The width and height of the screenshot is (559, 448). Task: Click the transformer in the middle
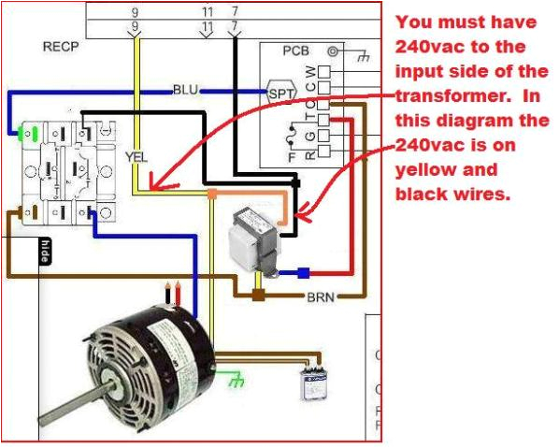(x=251, y=237)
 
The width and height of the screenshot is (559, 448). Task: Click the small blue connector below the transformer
(x=303, y=274)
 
